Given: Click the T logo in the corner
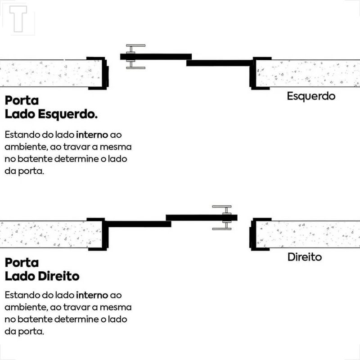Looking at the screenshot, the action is coord(18,18).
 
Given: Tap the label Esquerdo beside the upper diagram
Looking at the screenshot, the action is coord(311,96).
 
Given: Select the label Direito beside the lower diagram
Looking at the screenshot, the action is coord(305,257).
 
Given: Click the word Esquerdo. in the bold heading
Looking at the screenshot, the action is coord(68,114).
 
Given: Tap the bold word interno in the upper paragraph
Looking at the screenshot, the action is coord(92,135).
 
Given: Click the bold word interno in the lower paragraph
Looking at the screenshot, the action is coord(92,295).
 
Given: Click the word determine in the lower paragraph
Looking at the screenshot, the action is coord(76,319).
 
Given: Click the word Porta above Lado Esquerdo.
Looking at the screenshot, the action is coord(22,100).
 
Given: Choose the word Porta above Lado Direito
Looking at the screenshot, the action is coord(22,262).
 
